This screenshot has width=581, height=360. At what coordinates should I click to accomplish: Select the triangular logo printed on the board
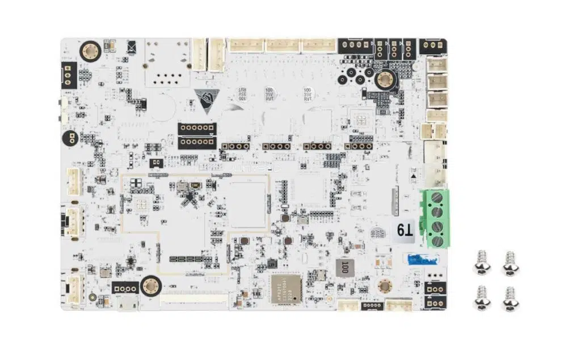(x=205, y=100)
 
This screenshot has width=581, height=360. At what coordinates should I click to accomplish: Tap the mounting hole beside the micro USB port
(x=150, y=286)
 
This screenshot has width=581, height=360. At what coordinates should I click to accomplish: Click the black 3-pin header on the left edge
(x=68, y=74)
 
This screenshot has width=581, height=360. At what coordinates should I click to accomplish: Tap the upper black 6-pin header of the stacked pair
(x=197, y=128)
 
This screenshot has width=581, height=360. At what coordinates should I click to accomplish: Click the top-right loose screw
(x=510, y=264)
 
